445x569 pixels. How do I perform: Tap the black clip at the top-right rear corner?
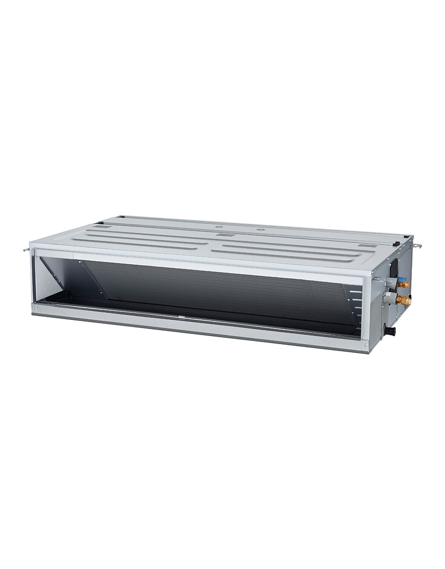[x=397, y=244]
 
